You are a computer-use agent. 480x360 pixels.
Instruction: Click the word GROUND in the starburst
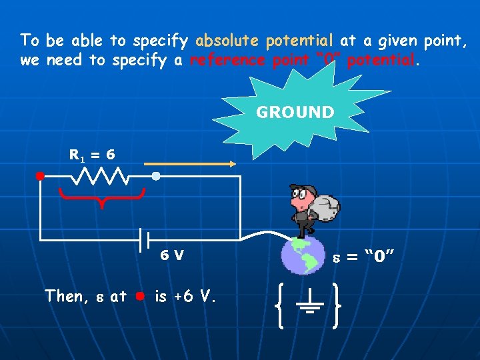click(x=295, y=113)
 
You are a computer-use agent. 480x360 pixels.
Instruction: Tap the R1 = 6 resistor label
click(x=92, y=155)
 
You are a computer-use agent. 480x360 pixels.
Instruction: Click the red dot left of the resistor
click(x=40, y=177)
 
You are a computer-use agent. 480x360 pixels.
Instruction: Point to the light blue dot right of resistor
click(x=155, y=177)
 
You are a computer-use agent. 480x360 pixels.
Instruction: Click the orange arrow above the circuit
click(x=190, y=163)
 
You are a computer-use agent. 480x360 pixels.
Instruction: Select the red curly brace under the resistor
click(x=101, y=197)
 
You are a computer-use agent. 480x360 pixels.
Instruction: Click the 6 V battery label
click(x=172, y=255)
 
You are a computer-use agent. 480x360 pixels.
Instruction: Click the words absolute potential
click(x=265, y=41)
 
